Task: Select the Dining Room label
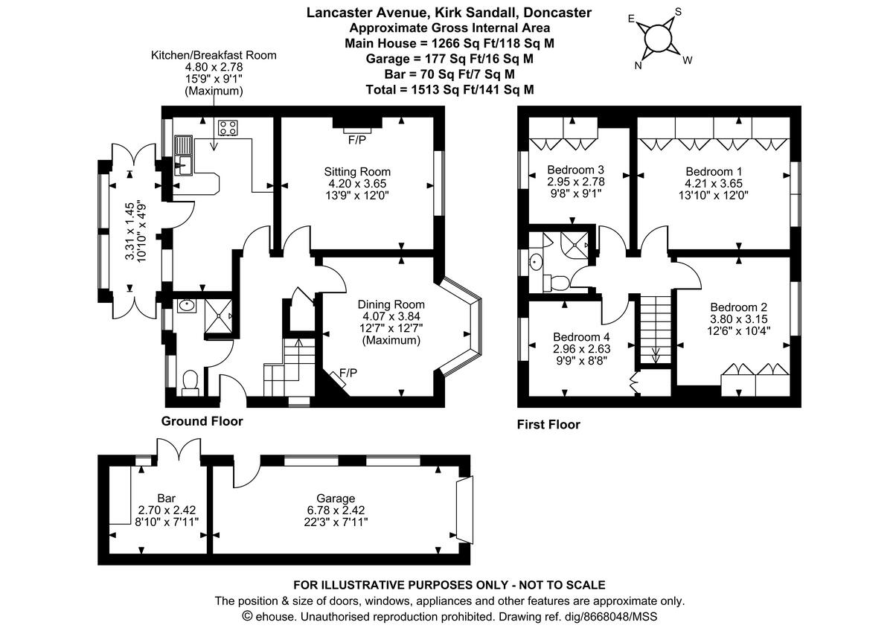(391, 304)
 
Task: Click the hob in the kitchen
(228, 128)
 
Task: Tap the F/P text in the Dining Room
(348, 373)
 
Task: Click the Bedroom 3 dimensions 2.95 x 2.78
(575, 181)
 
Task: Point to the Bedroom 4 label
(581, 336)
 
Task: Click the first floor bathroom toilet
(556, 281)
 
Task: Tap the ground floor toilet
(191, 380)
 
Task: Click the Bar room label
(166, 498)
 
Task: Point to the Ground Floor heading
(202, 421)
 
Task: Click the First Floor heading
(548, 425)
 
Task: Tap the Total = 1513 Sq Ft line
(449, 89)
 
